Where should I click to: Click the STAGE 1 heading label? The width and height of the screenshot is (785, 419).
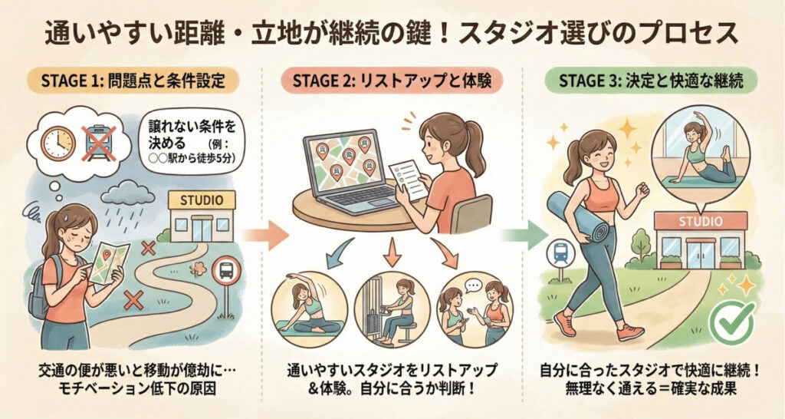coord(132,81)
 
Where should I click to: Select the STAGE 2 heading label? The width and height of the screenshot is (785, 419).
coord(392,81)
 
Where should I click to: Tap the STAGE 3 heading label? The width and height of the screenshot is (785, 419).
coord(651,81)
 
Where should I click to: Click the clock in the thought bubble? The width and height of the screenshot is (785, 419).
coord(58,143)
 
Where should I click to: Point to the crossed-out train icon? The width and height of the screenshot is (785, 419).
coord(99,143)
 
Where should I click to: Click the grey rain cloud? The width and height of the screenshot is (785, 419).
coord(127,193)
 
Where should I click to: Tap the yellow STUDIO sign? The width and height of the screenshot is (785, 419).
coord(202,200)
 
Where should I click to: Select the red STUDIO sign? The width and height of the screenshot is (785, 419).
coord(701,221)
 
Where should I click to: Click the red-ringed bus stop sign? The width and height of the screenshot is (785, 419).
coord(226,271)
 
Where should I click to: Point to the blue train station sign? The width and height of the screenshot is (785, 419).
coord(559,253)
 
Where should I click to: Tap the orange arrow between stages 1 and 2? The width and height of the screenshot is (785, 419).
coord(264,235)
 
